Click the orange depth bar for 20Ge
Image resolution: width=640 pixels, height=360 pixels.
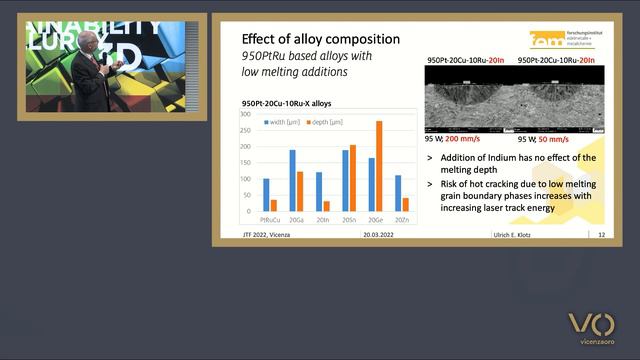click(379, 166)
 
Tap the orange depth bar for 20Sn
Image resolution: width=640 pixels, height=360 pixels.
click(352, 178)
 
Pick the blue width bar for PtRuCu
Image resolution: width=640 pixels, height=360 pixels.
click(266, 194)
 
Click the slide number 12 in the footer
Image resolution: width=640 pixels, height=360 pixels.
click(601, 235)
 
